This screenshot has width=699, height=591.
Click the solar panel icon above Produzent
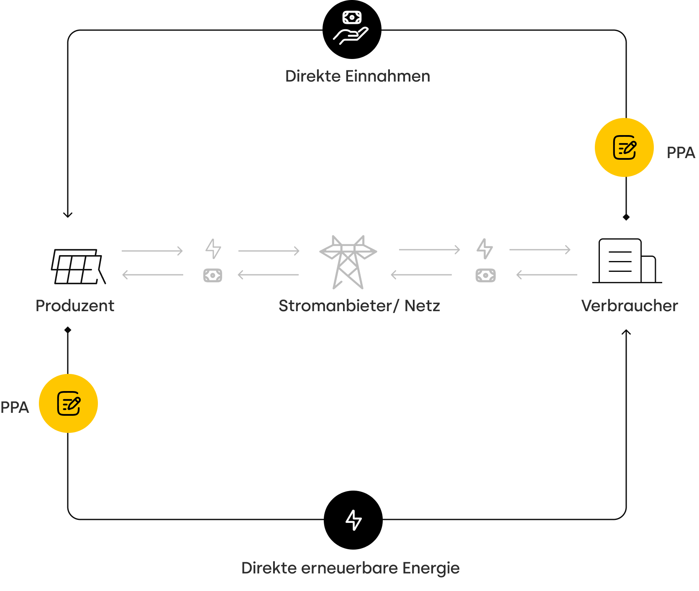coord(78,266)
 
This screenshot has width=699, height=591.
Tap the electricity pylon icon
coord(348,262)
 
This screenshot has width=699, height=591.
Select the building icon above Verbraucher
coord(626,261)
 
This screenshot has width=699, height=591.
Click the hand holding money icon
coord(351,28)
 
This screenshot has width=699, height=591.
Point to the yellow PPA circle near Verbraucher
coord(624,147)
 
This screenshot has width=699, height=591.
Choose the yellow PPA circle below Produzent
coord(68,403)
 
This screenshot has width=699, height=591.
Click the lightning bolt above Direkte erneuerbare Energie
coord(353,519)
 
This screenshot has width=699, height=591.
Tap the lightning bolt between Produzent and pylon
coord(213,249)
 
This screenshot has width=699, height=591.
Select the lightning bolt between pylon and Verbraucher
coord(485,249)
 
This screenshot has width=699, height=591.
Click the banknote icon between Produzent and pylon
coord(213,275)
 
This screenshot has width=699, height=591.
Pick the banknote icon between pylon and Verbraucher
coord(485,275)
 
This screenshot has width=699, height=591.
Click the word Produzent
coord(75,306)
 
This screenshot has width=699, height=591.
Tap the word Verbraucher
coord(629,306)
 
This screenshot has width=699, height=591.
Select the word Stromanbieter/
coord(338,306)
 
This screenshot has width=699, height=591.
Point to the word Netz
coord(422,306)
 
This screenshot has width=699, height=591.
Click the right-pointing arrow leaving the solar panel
coord(152,251)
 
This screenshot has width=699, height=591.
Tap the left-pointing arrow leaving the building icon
coord(547,275)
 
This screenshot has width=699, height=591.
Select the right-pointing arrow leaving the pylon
coord(429,250)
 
